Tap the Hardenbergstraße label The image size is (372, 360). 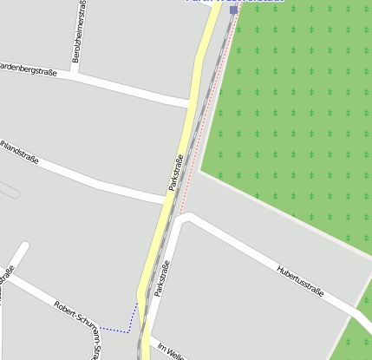coord(28,69)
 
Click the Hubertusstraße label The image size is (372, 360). coord(300,281)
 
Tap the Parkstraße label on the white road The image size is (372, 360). coord(162,279)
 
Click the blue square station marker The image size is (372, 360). coord(233,10)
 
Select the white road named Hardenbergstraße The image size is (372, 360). coord(130,90)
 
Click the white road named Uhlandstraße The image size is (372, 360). coord(104,183)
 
